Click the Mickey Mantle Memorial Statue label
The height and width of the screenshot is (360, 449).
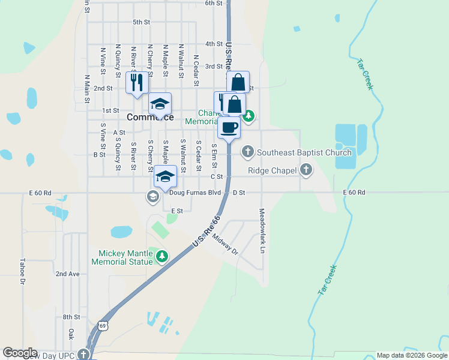coord(122,257)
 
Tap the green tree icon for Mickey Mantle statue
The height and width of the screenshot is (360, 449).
coord(161,257)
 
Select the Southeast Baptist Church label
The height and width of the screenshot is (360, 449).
coord(304,152)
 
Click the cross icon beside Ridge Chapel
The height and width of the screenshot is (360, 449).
coord(306,170)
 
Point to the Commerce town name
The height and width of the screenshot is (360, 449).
coord(150,118)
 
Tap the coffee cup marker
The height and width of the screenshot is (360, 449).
coord(229,128)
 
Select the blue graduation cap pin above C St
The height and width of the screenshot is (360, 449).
coord(165,176)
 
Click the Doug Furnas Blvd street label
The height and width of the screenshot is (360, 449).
coord(195,193)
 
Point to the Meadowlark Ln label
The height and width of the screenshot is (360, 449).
coord(262,230)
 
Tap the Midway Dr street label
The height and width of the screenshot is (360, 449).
coord(226,244)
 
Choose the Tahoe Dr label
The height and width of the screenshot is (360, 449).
coord(22,271)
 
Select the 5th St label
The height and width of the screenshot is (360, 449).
coord(141,22)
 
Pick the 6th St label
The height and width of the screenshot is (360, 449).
coord(213,3)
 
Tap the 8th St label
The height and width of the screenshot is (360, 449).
coord(71,317)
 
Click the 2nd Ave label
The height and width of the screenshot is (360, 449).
coord(67,274)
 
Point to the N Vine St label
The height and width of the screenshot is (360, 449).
coord(103,61)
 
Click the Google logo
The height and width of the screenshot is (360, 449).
coord(20,353)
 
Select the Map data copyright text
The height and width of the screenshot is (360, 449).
coord(412,355)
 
